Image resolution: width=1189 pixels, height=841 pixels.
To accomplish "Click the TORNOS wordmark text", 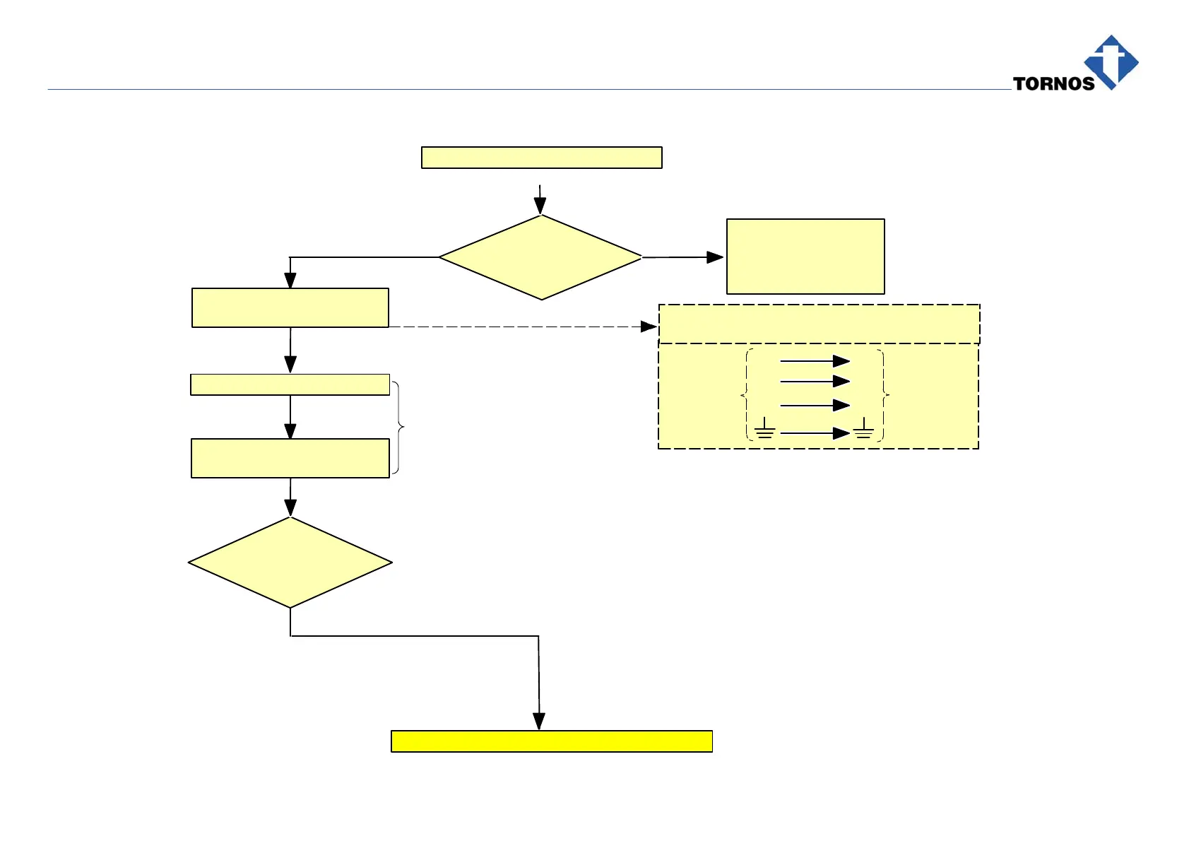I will [x=1053, y=83].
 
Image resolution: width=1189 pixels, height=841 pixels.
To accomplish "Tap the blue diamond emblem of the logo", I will [x=1111, y=61].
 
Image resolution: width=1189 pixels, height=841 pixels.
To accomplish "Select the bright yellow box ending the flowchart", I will [x=551, y=741].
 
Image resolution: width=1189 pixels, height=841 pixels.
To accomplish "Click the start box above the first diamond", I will [x=541, y=158].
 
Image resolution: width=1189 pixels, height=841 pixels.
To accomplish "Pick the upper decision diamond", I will [x=540, y=257].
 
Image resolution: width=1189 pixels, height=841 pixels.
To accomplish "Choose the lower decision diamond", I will [x=290, y=563].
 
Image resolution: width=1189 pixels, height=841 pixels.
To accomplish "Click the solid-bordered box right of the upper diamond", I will [x=805, y=256].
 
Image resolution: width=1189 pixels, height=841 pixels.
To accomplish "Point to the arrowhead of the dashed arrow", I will [x=649, y=327].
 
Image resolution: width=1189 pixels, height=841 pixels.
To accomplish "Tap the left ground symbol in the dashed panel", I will [x=764, y=428].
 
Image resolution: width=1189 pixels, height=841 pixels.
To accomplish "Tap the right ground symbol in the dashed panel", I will [x=863, y=428].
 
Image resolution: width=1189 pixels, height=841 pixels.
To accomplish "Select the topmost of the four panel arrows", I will [x=814, y=361].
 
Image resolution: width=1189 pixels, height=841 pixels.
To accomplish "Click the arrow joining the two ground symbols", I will [x=814, y=433].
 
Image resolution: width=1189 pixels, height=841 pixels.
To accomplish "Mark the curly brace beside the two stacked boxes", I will [x=399, y=427].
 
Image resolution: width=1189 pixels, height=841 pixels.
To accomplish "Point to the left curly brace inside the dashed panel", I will [x=745, y=394].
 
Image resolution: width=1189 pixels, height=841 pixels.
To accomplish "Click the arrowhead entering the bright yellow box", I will [x=539, y=721].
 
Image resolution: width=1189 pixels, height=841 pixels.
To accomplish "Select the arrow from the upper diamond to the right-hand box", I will [x=682, y=257].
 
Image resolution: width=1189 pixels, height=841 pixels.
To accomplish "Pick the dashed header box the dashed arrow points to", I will [x=819, y=324].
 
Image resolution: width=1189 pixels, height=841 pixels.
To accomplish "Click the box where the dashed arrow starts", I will [x=290, y=307].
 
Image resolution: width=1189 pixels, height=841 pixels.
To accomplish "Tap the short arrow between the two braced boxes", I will [x=290, y=417].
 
